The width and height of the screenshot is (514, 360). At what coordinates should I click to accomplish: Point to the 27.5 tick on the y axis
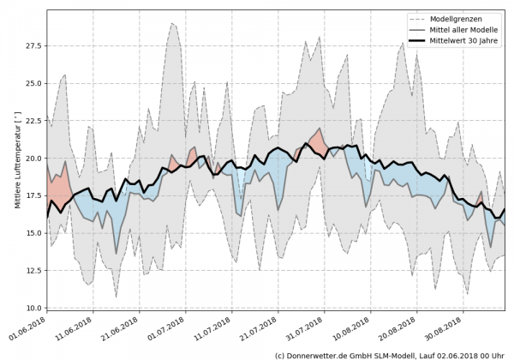tap(32, 45)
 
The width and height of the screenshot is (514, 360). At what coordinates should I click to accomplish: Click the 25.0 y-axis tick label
tap(32, 83)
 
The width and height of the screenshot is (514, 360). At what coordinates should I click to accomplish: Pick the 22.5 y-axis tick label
tap(32, 121)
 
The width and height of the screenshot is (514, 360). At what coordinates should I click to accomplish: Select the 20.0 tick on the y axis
tap(32, 159)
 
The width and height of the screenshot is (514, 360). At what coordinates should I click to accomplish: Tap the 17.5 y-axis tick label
tap(32, 195)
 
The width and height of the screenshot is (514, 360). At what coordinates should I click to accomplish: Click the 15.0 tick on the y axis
tap(32, 233)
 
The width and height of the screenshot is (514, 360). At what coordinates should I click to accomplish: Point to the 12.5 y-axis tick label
tap(32, 271)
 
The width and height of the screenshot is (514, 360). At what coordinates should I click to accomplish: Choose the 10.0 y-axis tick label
tap(32, 308)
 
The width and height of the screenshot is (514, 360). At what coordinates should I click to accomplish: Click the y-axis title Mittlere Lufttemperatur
tap(16, 159)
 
